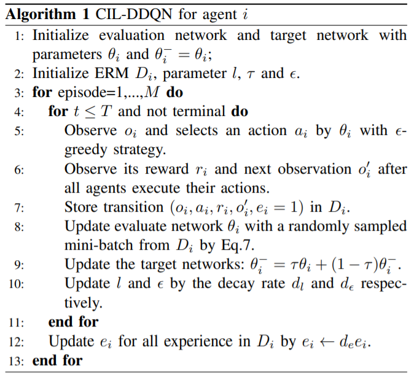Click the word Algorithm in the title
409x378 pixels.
tap(41, 14)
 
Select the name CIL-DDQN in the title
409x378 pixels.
tap(134, 14)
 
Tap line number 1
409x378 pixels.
tap(19, 36)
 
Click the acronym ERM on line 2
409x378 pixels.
tap(112, 73)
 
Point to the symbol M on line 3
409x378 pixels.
tap(152, 92)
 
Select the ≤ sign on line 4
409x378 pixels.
tap(90, 112)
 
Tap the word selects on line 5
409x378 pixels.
tap(197, 130)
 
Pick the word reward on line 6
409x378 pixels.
tap(166, 169)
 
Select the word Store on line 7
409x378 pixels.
tap(81, 207)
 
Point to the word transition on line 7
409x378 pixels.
tap(133, 207)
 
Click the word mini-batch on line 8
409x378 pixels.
tap(99, 245)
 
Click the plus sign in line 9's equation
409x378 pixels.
tap(321, 265)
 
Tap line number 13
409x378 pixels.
tap(16, 361)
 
